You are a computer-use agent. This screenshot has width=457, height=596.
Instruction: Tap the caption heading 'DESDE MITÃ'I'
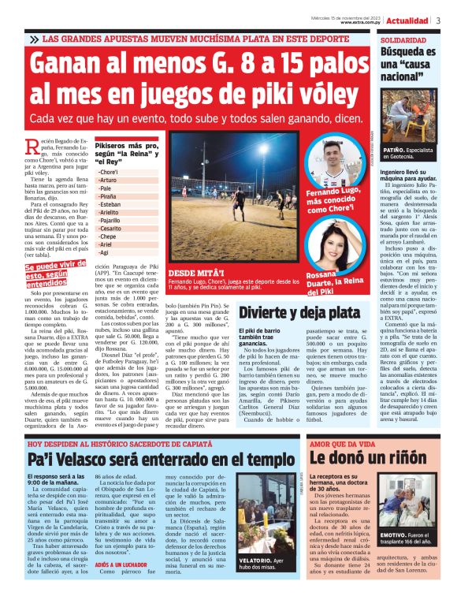[193, 271]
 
